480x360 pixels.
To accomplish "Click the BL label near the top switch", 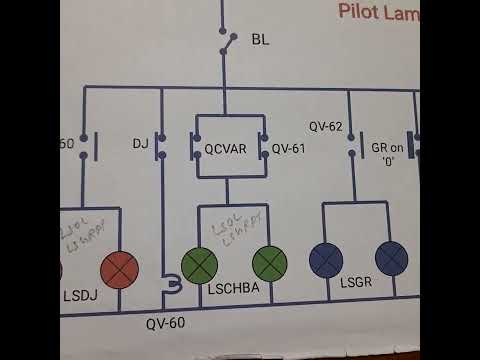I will (260, 41).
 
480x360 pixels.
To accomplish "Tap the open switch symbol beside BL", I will (229, 42).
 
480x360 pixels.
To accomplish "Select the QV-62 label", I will (326, 127).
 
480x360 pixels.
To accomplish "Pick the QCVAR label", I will (226, 148).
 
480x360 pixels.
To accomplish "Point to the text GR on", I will (387, 147).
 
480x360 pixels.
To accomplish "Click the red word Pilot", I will (365, 13).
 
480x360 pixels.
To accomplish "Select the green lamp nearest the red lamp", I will (199, 264).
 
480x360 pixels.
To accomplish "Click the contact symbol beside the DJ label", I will (161, 147).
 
